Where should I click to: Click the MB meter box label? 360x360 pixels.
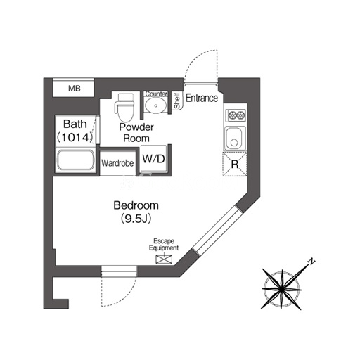point(75,89)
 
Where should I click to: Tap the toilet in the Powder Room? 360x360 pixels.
point(125,108)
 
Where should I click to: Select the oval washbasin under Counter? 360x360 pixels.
point(155,105)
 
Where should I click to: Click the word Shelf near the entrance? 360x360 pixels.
point(177,101)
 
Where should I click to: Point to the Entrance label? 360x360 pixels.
point(202,98)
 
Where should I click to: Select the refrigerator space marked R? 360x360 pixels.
point(234,164)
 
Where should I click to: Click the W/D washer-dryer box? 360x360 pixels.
point(154,159)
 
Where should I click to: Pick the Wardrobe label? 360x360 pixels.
point(117,163)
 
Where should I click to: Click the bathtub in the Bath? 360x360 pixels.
point(75,160)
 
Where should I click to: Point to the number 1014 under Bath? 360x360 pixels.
point(75,137)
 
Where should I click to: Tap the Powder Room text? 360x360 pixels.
point(136,133)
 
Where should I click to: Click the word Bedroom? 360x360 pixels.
point(136,205)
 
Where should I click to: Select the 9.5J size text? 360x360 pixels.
point(136,219)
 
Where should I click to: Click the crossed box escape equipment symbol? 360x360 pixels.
point(164,259)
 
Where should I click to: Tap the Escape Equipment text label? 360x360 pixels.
point(164,245)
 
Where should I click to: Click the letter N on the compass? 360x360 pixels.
point(311,262)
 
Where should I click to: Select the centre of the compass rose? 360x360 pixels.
point(281,289)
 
